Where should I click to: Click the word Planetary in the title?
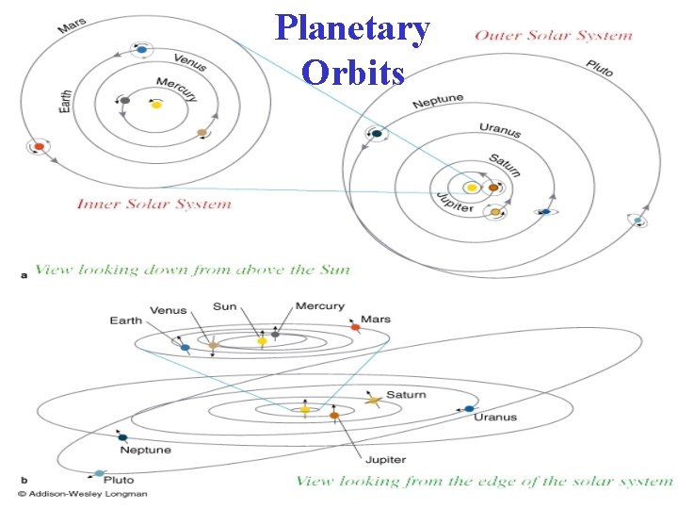coord(353,28)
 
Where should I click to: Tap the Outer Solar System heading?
coord(553,36)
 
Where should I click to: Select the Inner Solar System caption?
coord(153,204)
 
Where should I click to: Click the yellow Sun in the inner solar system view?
coord(156,105)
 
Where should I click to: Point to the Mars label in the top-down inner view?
coord(73,21)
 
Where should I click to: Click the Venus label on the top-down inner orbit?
coord(189,61)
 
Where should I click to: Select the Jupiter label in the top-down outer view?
coord(455,202)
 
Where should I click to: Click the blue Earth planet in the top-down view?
coord(141,49)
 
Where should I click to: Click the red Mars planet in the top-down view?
coord(39,146)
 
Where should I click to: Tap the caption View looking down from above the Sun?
coord(192,270)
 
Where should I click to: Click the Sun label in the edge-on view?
coord(225,306)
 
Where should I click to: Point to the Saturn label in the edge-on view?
coord(406,395)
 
